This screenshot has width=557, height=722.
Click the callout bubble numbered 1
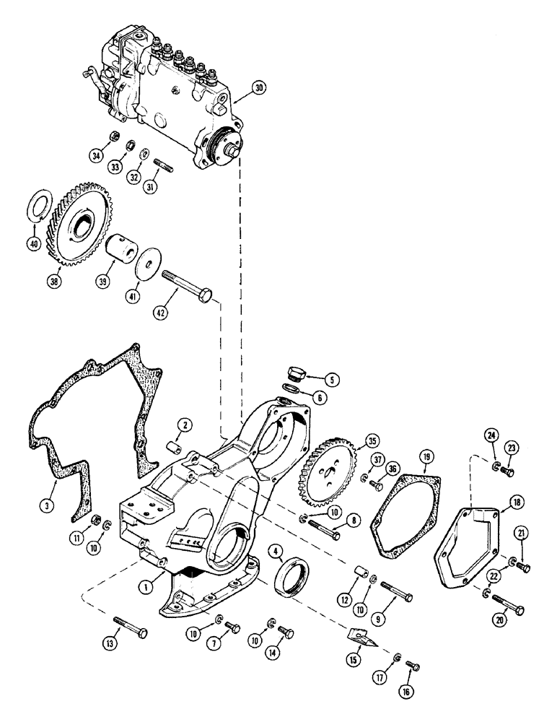point(146,567)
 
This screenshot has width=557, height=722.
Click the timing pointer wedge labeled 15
point(361,638)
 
